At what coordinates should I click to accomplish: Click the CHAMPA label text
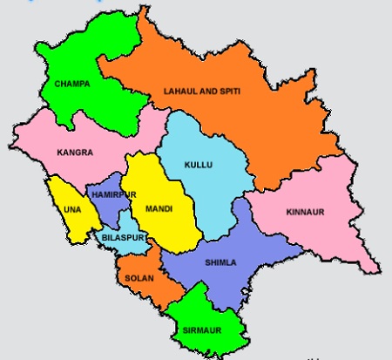(x=72, y=84)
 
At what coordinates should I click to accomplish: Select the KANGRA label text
(x=75, y=152)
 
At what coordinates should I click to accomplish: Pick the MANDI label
(x=159, y=209)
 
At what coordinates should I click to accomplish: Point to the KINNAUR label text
(x=303, y=212)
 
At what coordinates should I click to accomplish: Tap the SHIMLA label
(x=220, y=262)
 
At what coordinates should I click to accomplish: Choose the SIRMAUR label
(x=202, y=329)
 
